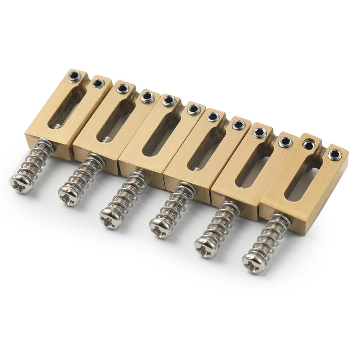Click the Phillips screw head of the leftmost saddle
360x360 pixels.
(22, 183)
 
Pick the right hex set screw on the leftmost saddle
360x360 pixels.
(98, 84)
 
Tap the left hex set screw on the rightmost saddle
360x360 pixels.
(307, 144)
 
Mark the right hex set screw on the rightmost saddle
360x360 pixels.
(334, 154)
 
